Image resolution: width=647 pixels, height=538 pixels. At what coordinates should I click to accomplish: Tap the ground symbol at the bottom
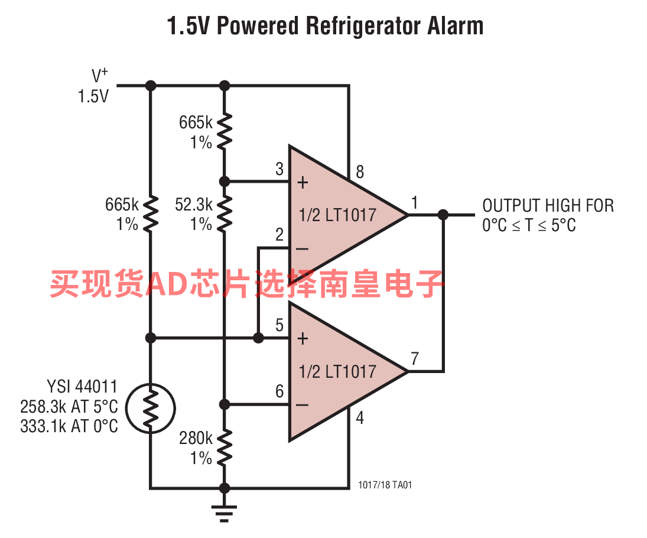(224, 514)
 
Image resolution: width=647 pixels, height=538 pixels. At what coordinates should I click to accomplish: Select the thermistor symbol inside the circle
(151, 409)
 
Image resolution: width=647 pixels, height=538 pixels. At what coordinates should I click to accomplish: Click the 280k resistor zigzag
(224, 448)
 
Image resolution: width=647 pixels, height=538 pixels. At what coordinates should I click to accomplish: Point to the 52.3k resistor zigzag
(224, 213)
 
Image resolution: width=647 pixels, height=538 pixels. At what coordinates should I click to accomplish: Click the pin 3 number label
(279, 169)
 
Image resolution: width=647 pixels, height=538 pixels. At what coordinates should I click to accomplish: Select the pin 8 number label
(360, 172)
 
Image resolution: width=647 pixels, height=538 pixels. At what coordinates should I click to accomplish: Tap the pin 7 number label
(415, 358)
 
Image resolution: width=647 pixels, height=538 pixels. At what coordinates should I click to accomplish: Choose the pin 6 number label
(279, 391)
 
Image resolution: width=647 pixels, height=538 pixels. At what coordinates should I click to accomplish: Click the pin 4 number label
(360, 418)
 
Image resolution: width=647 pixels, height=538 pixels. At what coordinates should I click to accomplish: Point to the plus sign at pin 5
(303, 339)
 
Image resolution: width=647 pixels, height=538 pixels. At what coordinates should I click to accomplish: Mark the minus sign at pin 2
(303, 248)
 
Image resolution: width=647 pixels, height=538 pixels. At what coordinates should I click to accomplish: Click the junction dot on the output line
(443, 215)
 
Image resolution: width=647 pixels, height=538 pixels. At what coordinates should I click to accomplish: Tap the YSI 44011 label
(82, 387)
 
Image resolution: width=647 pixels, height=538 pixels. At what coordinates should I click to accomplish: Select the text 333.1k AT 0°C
(69, 426)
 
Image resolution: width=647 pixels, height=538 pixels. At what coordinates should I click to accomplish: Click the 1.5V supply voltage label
(93, 96)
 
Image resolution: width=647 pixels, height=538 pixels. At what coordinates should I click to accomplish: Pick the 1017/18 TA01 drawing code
(385, 485)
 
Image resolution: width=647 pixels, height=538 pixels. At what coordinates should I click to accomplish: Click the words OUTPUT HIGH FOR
(548, 205)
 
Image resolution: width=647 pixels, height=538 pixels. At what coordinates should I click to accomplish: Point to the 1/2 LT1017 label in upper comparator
(337, 215)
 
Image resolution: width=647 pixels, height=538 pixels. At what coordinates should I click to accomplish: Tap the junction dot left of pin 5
(258, 338)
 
